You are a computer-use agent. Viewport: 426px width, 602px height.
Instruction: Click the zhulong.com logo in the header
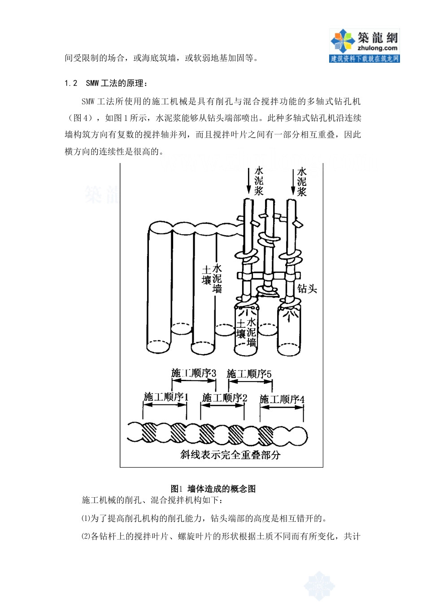pyautogui.click(x=364, y=45)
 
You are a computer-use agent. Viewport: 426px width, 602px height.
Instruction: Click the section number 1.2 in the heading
pyautogui.click(x=71, y=83)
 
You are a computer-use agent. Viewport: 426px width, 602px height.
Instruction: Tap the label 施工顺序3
pyautogui.click(x=194, y=373)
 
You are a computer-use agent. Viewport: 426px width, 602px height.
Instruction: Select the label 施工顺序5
pyautogui.click(x=249, y=373)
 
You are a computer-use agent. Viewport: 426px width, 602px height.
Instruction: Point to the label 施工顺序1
pyautogui.click(x=166, y=396)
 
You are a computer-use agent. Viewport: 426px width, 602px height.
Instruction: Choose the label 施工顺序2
pyautogui.click(x=225, y=397)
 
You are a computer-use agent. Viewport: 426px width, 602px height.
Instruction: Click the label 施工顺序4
pyautogui.click(x=282, y=399)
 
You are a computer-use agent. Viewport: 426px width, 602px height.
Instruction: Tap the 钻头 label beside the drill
pyautogui.click(x=307, y=289)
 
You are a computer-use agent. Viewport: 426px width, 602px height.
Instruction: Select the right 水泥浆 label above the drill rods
pyautogui.click(x=302, y=181)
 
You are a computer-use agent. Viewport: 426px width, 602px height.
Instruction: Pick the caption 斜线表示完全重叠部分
pyautogui.click(x=230, y=455)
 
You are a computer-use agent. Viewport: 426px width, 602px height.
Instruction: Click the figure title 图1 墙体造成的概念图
pyautogui.click(x=213, y=489)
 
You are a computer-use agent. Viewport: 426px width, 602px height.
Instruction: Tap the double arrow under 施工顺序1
pyautogui.click(x=165, y=404)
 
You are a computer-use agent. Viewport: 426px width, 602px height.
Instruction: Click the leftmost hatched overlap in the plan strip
pyautogui.click(x=150, y=432)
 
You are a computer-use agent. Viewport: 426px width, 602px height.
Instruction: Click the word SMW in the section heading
pyautogui.click(x=92, y=83)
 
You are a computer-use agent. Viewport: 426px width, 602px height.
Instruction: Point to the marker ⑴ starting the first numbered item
pyautogui.click(x=86, y=519)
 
